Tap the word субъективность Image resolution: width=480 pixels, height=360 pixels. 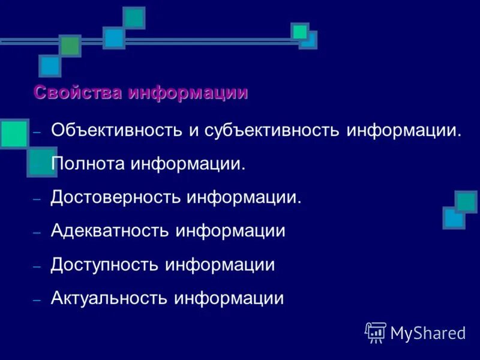pos(272,131)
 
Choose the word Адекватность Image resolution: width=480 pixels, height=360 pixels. pos(110,231)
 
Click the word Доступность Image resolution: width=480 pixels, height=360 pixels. pos(105,265)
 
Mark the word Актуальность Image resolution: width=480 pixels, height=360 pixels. pos(110,298)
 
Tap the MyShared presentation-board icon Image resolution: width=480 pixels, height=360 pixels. pos(376,332)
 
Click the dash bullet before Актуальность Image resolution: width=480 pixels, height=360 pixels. pos(37,299)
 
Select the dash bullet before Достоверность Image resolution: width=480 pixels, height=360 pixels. pos(37,199)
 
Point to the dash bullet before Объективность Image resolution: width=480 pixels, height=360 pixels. pos(37,132)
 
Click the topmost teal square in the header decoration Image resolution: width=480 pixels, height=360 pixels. pos(134,18)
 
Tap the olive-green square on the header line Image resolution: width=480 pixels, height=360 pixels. pos(70,46)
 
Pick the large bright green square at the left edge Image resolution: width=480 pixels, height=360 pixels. pos(14,134)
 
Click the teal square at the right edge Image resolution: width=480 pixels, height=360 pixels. pos(466,202)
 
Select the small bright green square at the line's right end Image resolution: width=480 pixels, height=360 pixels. pos(300,31)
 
